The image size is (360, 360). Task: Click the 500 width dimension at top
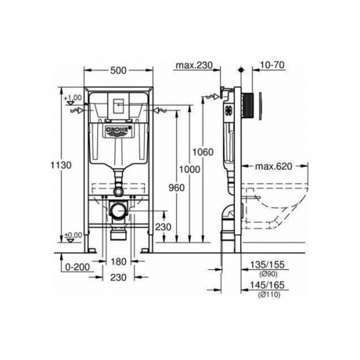(117, 71)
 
